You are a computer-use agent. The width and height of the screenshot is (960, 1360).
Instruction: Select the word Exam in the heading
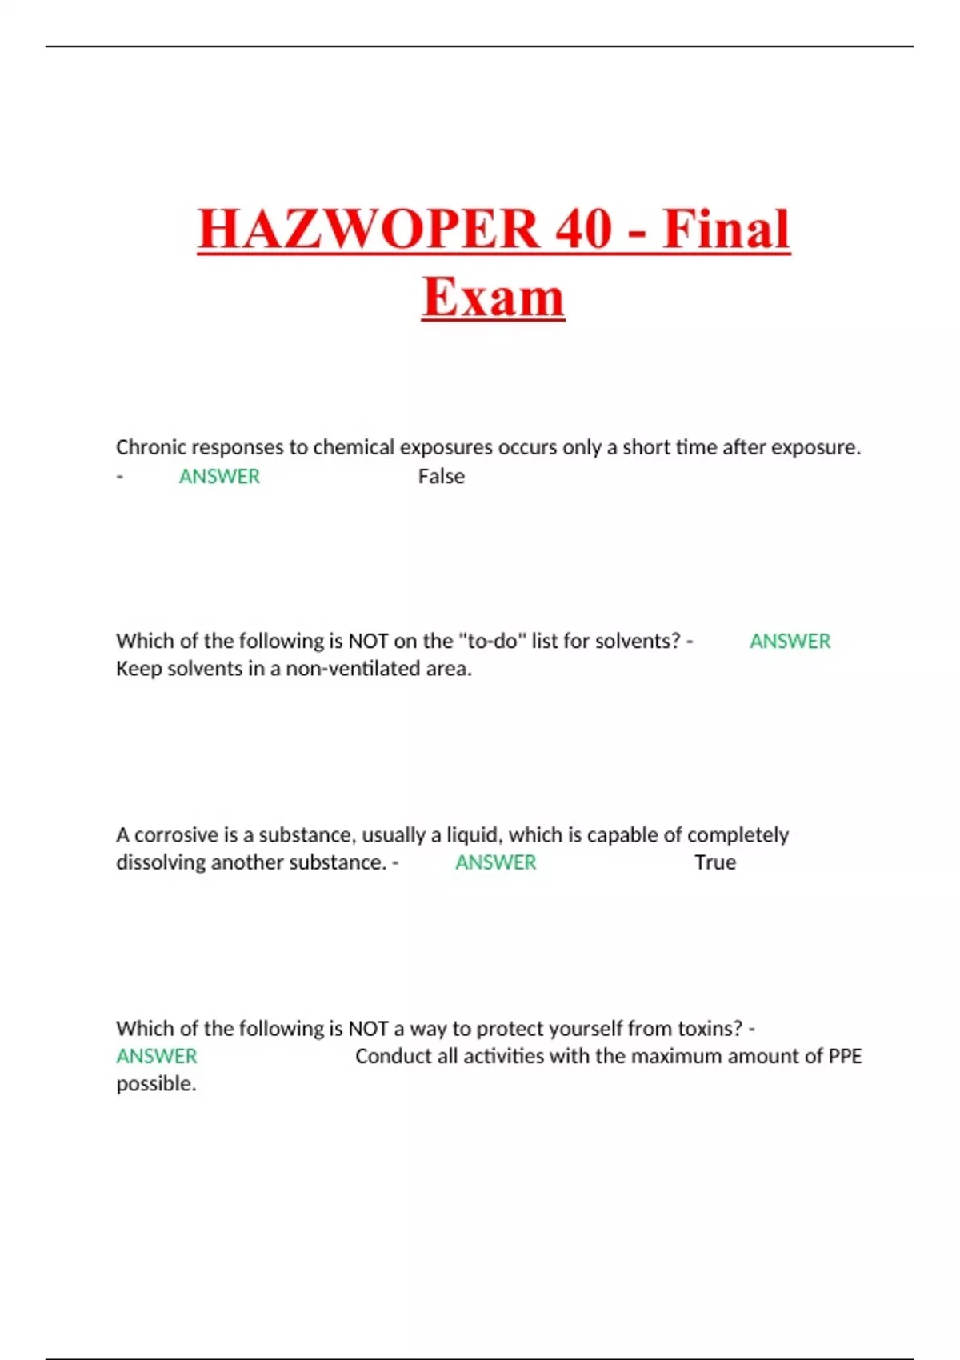pos(493,297)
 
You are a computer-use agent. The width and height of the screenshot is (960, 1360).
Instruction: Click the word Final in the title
pos(726,229)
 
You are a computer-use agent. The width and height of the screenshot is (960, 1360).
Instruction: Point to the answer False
pos(441,476)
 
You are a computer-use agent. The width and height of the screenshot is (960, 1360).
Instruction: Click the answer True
pos(714,862)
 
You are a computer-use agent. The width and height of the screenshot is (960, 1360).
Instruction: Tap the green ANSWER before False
pos(219,476)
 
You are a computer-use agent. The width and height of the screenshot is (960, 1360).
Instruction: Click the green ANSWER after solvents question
pos(790,641)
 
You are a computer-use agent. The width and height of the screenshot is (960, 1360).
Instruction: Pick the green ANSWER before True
pos(495,862)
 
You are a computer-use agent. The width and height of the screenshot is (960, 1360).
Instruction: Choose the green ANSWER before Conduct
pos(157,1056)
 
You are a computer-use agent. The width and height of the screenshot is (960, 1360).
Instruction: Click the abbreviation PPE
pos(845,1056)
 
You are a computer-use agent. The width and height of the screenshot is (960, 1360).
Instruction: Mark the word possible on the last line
pos(156,1084)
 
